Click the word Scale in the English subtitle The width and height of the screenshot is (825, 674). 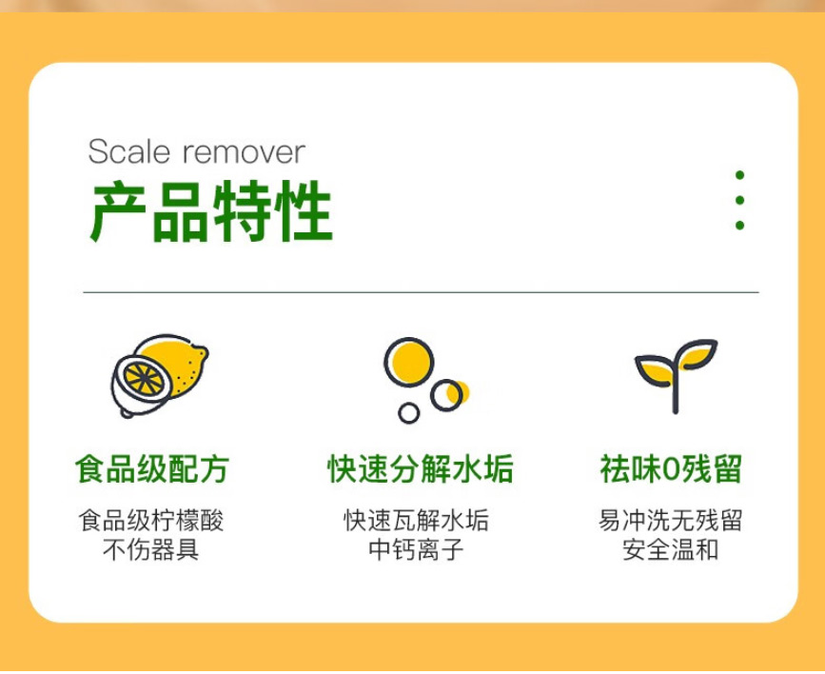128,151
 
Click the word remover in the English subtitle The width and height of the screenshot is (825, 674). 244,152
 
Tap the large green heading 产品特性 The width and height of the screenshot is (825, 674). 211,210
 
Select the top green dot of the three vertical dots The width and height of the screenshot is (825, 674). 739,175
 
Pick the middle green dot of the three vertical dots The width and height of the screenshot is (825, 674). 739,200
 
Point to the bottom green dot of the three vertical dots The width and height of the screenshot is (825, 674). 739,226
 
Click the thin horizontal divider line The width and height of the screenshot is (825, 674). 421,291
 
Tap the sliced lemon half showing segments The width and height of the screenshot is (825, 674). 142,380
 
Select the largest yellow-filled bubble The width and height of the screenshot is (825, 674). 409,363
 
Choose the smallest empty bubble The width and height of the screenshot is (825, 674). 409,413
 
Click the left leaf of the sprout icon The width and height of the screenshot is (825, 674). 655,371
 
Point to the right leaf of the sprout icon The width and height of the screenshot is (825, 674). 697,354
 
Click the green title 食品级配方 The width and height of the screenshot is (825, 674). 152,468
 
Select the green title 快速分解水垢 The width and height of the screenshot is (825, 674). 421,468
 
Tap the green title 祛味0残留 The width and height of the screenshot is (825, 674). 671,468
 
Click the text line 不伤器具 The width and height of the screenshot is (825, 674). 151,549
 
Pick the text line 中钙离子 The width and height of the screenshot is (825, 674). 416,549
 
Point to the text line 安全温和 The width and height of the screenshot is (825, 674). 671,549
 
